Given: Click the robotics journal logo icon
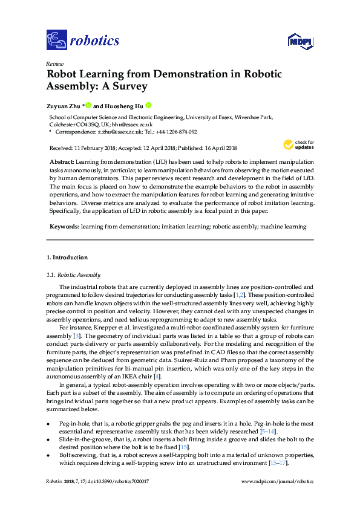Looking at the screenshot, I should (56, 41).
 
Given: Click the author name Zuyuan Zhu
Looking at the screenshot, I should (64, 105).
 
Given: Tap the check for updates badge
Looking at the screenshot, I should (298, 145).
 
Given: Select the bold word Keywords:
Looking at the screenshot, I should (64, 227).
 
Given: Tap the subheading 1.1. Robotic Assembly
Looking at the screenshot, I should (74, 275).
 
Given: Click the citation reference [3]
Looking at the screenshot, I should (77, 335).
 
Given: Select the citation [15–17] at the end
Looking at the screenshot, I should (278, 463).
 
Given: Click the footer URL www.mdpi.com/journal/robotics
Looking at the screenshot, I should (278, 481).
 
